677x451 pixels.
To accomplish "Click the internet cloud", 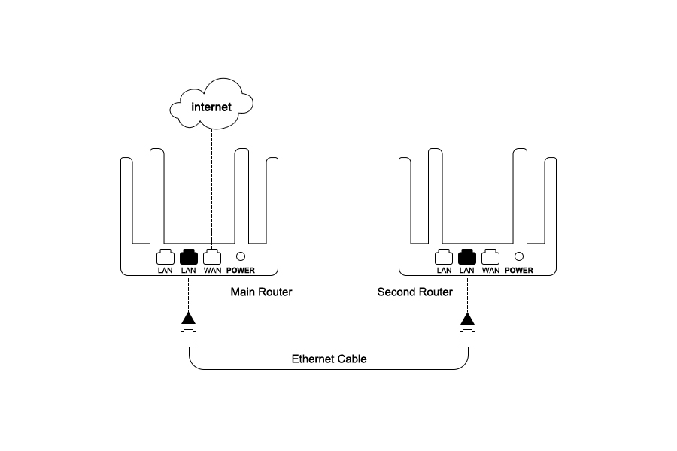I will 211,107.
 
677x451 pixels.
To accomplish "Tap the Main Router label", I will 261,292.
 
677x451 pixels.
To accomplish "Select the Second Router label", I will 414,292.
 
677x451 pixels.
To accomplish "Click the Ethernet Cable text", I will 329,359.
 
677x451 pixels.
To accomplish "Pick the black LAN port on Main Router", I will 189,256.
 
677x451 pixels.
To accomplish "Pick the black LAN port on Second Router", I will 467,256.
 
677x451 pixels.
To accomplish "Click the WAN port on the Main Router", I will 212,256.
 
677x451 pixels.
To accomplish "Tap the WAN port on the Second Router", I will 490,256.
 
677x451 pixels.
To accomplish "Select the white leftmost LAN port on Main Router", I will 165,256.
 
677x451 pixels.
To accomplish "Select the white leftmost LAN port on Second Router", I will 444,256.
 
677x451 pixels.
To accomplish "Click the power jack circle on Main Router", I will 241,256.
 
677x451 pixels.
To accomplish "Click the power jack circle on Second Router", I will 519,256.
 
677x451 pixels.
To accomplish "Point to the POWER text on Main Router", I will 241,271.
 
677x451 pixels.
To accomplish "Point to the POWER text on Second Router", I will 519,271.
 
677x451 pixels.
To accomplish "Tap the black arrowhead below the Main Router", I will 189,319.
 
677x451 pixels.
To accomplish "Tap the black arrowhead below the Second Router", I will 467,319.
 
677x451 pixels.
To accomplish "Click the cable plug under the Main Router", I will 189,338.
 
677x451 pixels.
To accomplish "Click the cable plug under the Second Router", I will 467,338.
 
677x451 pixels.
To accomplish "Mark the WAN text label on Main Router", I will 212,271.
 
